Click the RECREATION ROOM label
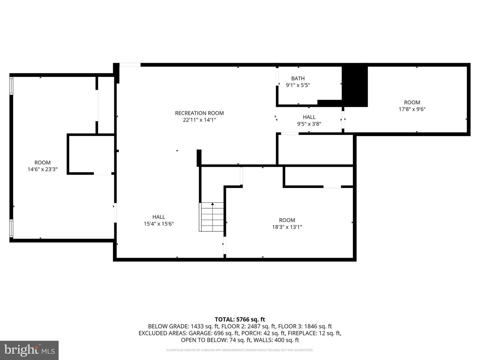[x=199, y=113]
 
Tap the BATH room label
[x=298, y=78]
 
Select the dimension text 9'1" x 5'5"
[x=298, y=85]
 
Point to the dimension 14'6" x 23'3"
[x=42, y=169]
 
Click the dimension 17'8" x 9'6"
[x=412, y=109]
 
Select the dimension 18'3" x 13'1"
[x=287, y=227]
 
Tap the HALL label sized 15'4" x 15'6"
[x=159, y=217]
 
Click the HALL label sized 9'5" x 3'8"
[x=309, y=117]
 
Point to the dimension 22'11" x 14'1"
[x=199, y=120]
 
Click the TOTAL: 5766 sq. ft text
[x=240, y=319]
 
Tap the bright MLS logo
[x=29, y=350]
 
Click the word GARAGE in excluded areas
[x=200, y=333]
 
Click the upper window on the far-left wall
[x=11, y=86]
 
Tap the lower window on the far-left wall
[x=11, y=228]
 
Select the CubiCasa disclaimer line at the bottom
[x=240, y=350]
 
